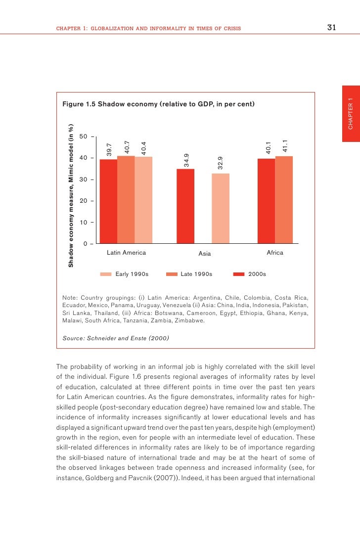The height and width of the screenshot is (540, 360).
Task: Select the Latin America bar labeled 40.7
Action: (x=126, y=200)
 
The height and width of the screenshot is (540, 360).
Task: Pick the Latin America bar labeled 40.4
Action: (x=143, y=200)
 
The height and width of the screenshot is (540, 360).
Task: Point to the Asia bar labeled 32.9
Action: (x=220, y=208)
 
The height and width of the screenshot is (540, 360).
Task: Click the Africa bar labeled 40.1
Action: (x=266, y=201)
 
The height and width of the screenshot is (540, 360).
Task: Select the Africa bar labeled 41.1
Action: (x=284, y=200)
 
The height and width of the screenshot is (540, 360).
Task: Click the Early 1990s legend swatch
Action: (x=106, y=274)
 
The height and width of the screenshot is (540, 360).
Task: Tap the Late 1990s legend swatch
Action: (x=172, y=274)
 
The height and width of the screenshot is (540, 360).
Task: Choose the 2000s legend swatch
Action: (x=239, y=274)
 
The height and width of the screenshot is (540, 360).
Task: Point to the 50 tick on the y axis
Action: (x=84, y=136)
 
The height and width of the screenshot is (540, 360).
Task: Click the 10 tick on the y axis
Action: (x=84, y=223)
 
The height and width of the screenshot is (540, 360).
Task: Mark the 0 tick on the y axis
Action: (x=86, y=244)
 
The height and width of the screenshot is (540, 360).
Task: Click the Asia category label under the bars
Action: (x=205, y=254)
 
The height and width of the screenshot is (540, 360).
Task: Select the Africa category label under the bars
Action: (x=275, y=253)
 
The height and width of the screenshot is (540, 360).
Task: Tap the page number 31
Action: (x=332, y=28)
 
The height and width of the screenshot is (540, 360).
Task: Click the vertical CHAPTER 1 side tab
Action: (x=351, y=114)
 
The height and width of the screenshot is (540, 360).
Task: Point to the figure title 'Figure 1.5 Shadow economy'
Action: (x=158, y=104)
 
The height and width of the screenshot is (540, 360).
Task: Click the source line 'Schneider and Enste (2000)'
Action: (x=116, y=338)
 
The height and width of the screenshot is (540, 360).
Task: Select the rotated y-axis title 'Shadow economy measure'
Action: (x=71, y=195)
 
